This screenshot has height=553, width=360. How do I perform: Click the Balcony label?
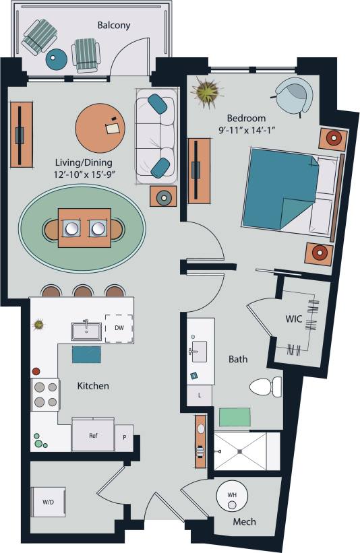(x=113, y=26)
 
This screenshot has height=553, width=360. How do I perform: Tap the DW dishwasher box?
(x=119, y=329)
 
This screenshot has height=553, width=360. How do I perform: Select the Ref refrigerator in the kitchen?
(x=93, y=435)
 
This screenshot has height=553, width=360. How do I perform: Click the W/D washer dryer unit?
(x=48, y=502)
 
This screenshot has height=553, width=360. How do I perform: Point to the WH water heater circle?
(x=232, y=496)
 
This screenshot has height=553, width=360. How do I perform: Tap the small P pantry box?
(x=124, y=437)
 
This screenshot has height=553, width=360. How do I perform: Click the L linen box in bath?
(x=200, y=395)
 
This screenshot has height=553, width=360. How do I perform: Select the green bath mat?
(x=234, y=417)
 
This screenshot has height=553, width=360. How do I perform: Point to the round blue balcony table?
(x=57, y=59)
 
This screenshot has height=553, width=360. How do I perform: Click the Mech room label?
(x=243, y=522)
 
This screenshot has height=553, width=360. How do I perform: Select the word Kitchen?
(x=93, y=386)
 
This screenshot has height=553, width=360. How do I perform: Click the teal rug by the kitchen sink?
(x=86, y=354)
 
